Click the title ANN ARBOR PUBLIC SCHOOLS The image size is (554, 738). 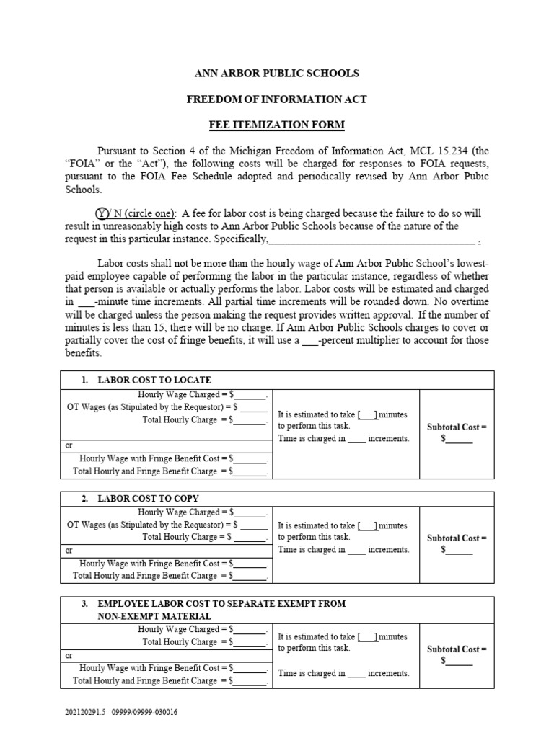click(x=277, y=74)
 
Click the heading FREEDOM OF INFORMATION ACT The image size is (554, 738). click(x=277, y=99)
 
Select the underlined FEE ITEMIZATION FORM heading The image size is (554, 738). click(x=277, y=125)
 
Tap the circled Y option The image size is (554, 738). click(x=102, y=213)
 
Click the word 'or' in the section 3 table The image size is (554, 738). click(x=69, y=656)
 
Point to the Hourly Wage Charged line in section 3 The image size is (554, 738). click(x=202, y=629)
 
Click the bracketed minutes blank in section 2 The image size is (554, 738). click(x=368, y=525)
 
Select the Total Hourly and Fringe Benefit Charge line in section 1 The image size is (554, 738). click(x=170, y=471)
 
